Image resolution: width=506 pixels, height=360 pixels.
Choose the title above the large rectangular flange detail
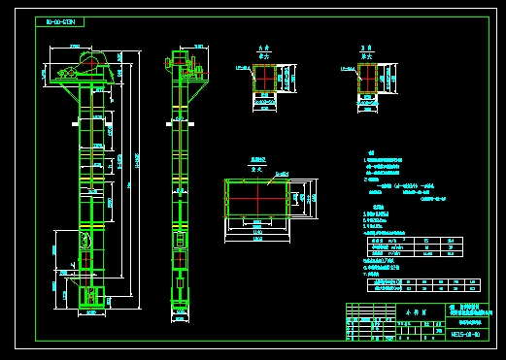pos(256,160)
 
